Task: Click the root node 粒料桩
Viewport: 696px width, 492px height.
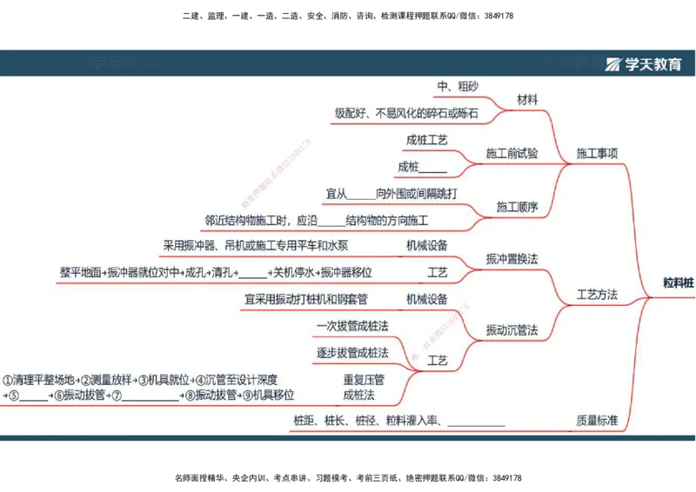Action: pyautogui.click(x=679, y=282)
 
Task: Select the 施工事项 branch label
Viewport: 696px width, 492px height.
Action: pyautogui.click(x=597, y=154)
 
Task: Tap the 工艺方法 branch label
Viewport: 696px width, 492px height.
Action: pyautogui.click(x=597, y=295)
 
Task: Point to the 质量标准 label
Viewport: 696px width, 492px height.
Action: pyautogui.click(x=596, y=421)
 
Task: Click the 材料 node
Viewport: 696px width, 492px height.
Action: pyautogui.click(x=527, y=100)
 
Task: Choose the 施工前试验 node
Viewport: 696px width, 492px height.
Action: pyautogui.click(x=512, y=154)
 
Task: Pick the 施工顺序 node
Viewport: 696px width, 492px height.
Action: pyautogui.click(x=517, y=208)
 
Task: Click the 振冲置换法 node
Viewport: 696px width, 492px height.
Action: pyautogui.click(x=512, y=259)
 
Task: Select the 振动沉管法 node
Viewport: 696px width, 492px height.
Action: pyautogui.click(x=512, y=330)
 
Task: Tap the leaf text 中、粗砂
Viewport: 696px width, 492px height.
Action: pyautogui.click(x=458, y=86)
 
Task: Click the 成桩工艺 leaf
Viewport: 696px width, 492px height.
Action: pyautogui.click(x=426, y=140)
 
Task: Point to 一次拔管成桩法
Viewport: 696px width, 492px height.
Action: pyautogui.click(x=352, y=326)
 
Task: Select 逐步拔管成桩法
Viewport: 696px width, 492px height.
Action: pyautogui.click(x=352, y=352)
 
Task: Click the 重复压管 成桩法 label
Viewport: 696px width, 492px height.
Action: pyautogui.click(x=364, y=387)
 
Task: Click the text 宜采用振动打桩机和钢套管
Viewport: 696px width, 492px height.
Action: pyautogui.click(x=306, y=299)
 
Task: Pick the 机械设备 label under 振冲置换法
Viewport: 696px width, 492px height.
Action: pyautogui.click(x=426, y=245)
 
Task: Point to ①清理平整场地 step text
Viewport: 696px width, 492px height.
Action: pyautogui.click(x=40, y=380)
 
